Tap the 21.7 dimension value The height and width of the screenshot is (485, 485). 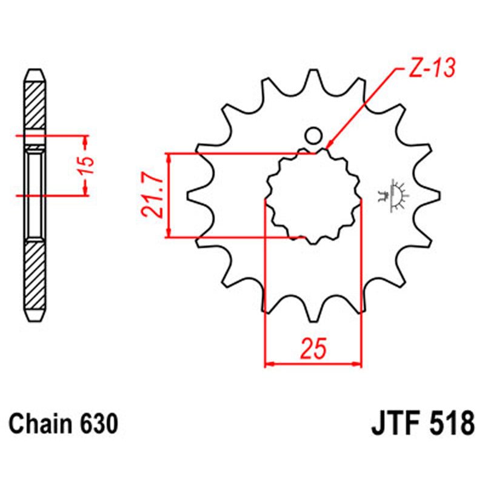pos(151,195)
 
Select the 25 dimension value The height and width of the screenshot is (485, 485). pos(313,350)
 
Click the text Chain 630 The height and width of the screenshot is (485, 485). pos(64,424)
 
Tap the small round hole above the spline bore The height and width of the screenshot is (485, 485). pos(313,135)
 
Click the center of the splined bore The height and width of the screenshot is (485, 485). pos(313,195)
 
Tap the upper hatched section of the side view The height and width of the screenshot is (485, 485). pos(35,106)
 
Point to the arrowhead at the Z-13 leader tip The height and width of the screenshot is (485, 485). pos(329,146)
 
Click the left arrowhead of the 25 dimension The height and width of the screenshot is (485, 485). pos(269,365)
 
